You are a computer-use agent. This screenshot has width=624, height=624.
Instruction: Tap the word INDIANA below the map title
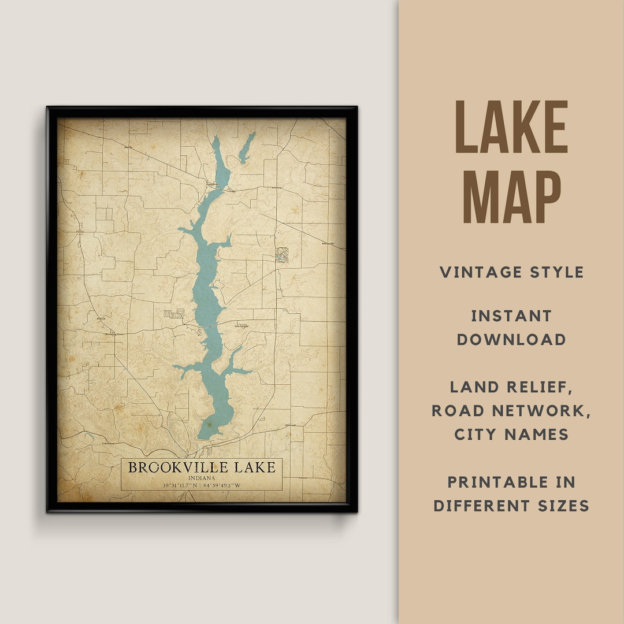coord(202,478)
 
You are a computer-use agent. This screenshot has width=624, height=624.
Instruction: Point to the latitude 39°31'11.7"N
coord(172,485)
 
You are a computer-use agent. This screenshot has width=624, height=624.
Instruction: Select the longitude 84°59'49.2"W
coord(221,485)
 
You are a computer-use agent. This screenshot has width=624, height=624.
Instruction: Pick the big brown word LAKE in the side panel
coord(512,128)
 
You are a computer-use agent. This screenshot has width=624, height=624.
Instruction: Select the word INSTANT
coord(511,316)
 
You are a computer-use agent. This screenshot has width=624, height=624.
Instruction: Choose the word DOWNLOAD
coord(511,339)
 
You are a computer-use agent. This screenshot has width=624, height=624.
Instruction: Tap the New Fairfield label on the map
coord(241,326)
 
